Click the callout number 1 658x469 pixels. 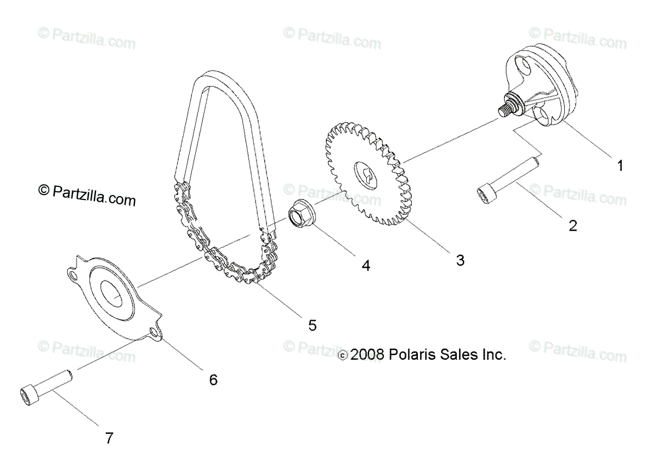(x=620, y=165)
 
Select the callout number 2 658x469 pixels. (x=572, y=225)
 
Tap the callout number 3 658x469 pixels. (x=460, y=260)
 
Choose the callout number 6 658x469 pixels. (x=213, y=379)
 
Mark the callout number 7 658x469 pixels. (x=109, y=438)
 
